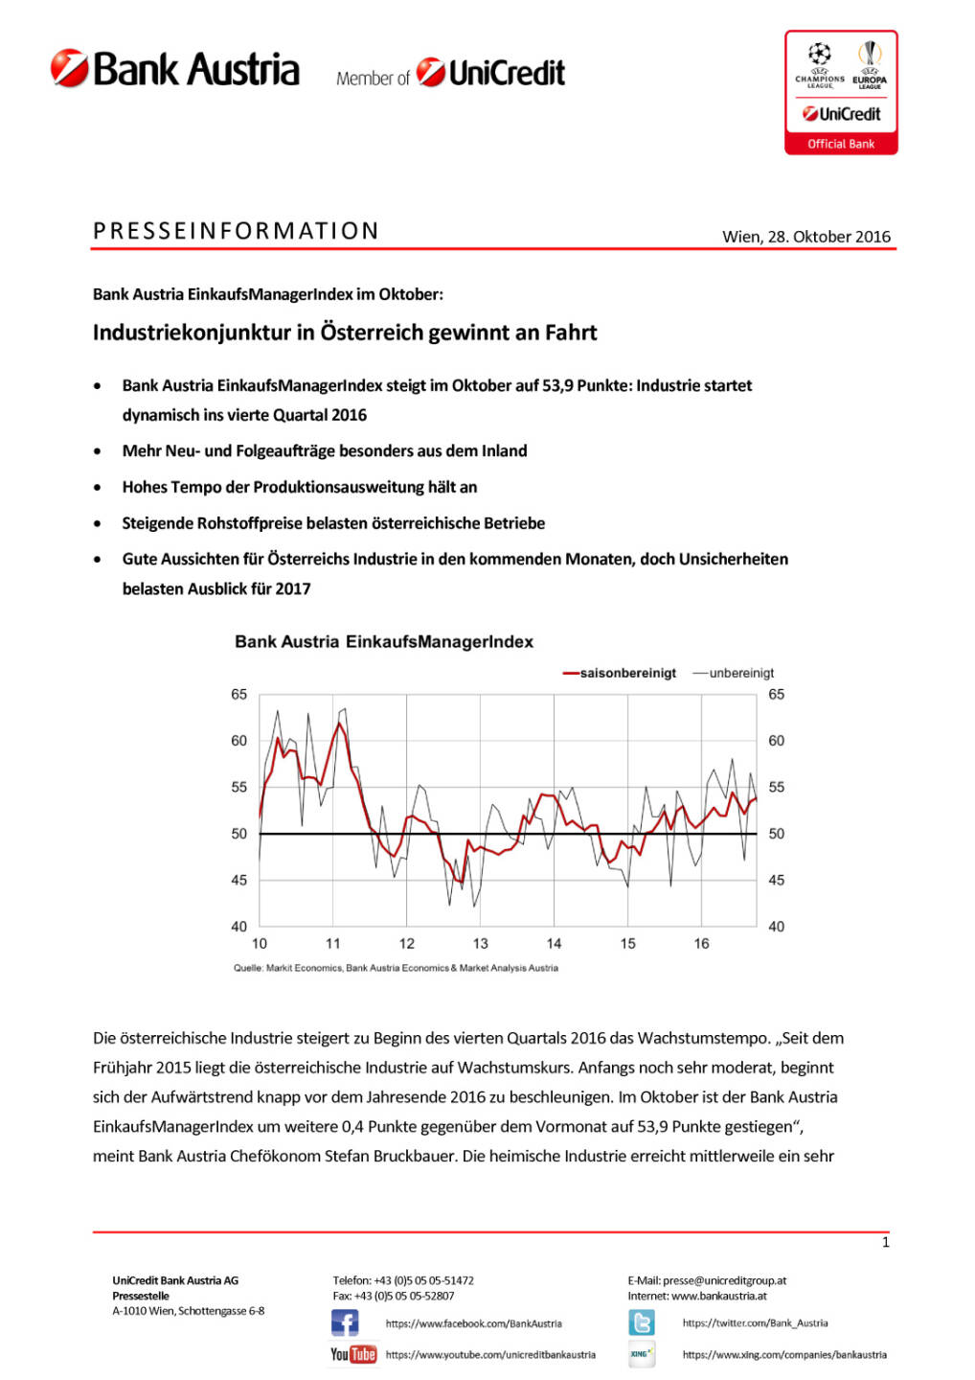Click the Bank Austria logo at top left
[x=175, y=70]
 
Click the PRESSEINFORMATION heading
[x=236, y=231]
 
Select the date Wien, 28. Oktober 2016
[x=805, y=237]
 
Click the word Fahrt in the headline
[x=571, y=333]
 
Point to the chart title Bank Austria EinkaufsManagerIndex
[x=384, y=642]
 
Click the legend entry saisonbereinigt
[x=627, y=673]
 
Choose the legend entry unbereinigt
[x=741, y=673]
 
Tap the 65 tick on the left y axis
[x=238, y=695]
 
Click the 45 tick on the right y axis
[x=776, y=880]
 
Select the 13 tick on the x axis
[x=480, y=944]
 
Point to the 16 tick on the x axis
[x=701, y=944]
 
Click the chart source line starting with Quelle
[x=396, y=968]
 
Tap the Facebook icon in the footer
[x=345, y=1323]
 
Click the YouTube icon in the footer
[x=352, y=1354]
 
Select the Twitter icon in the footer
[x=642, y=1323]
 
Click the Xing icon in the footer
[x=642, y=1354]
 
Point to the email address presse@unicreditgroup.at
[x=724, y=1280]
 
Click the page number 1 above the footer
[x=885, y=1243]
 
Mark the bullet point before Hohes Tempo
[x=98, y=488]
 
